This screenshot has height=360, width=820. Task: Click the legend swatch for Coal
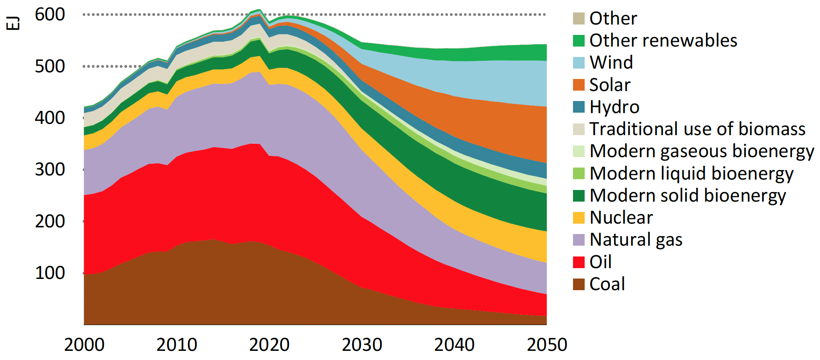coord(578,284)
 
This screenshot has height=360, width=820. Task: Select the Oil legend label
coord(600,262)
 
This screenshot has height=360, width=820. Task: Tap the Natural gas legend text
coord(636,240)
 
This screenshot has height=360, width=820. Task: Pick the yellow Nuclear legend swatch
coord(578,218)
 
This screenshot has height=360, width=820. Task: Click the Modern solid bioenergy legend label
coord(687,196)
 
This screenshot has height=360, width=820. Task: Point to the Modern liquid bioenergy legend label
coord(691,173)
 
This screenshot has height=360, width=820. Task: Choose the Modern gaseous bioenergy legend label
coord(701,151)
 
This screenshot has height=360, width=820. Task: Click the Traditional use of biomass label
coord(697,129)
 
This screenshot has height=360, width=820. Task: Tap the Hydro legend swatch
coord(578,107)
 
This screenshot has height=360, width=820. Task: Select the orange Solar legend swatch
coord(578,85)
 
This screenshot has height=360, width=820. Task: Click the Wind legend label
coord(611,63)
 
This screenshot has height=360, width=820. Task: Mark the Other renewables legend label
coord(663,41)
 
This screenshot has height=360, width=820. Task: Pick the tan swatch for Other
coord(578,18)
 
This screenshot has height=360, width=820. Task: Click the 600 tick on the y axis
coord(50,15)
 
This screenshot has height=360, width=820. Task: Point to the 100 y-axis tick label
coord(50,273)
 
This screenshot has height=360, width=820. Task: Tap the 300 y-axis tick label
coord(50,170)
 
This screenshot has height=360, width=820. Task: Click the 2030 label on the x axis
coord(362,345)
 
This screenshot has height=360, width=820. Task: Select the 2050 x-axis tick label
coord(547,345)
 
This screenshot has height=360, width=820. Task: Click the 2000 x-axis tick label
coord(84,345)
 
